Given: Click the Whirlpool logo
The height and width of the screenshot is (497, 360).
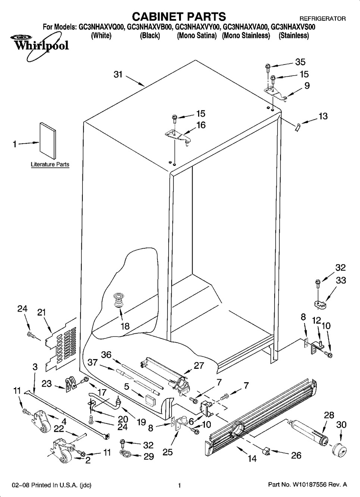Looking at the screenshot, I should point(37,45).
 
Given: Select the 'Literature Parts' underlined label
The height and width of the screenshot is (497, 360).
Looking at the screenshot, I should point(50,164).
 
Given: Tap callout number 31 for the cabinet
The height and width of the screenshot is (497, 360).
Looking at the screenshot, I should point(118,75).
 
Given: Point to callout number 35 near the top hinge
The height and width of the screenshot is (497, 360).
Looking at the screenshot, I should point(300,62).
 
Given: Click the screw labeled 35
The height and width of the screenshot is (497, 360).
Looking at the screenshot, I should point(267,67).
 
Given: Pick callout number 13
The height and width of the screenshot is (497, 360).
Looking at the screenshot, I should point(323,116).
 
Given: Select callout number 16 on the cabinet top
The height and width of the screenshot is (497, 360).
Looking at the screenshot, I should point(201,125).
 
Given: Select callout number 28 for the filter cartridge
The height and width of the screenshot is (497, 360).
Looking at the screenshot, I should point(329,415).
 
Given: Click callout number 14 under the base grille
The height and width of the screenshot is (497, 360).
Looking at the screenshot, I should point(252,458).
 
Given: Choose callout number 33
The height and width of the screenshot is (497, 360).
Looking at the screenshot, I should point(341,280).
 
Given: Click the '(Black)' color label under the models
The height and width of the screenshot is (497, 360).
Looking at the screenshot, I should point(150,36).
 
